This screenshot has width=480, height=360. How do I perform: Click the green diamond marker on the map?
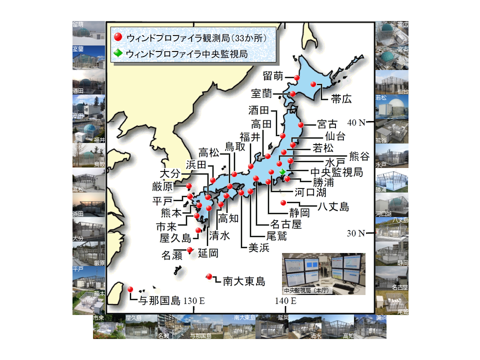point(282,172)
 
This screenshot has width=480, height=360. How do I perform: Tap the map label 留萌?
point(273,76)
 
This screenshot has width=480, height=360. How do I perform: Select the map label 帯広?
point(341,98)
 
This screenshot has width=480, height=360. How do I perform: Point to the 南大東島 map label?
point(243,281)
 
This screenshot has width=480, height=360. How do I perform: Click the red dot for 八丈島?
point(283,202)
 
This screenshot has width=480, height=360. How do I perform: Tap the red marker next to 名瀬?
point(189,250)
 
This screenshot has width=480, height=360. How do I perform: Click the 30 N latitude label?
point(356,233)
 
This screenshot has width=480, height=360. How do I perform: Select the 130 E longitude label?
point(194,301)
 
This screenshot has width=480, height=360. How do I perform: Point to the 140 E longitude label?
point(285,301)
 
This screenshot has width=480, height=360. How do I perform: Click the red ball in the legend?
point(118,37)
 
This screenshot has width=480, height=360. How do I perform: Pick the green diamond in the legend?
point(118,53)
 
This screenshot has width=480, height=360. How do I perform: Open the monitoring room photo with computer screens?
point(323,273)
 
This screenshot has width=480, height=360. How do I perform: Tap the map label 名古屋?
point(286,224)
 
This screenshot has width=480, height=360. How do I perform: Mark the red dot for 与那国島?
point(130,289)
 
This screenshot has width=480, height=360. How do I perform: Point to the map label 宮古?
point(327,124)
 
